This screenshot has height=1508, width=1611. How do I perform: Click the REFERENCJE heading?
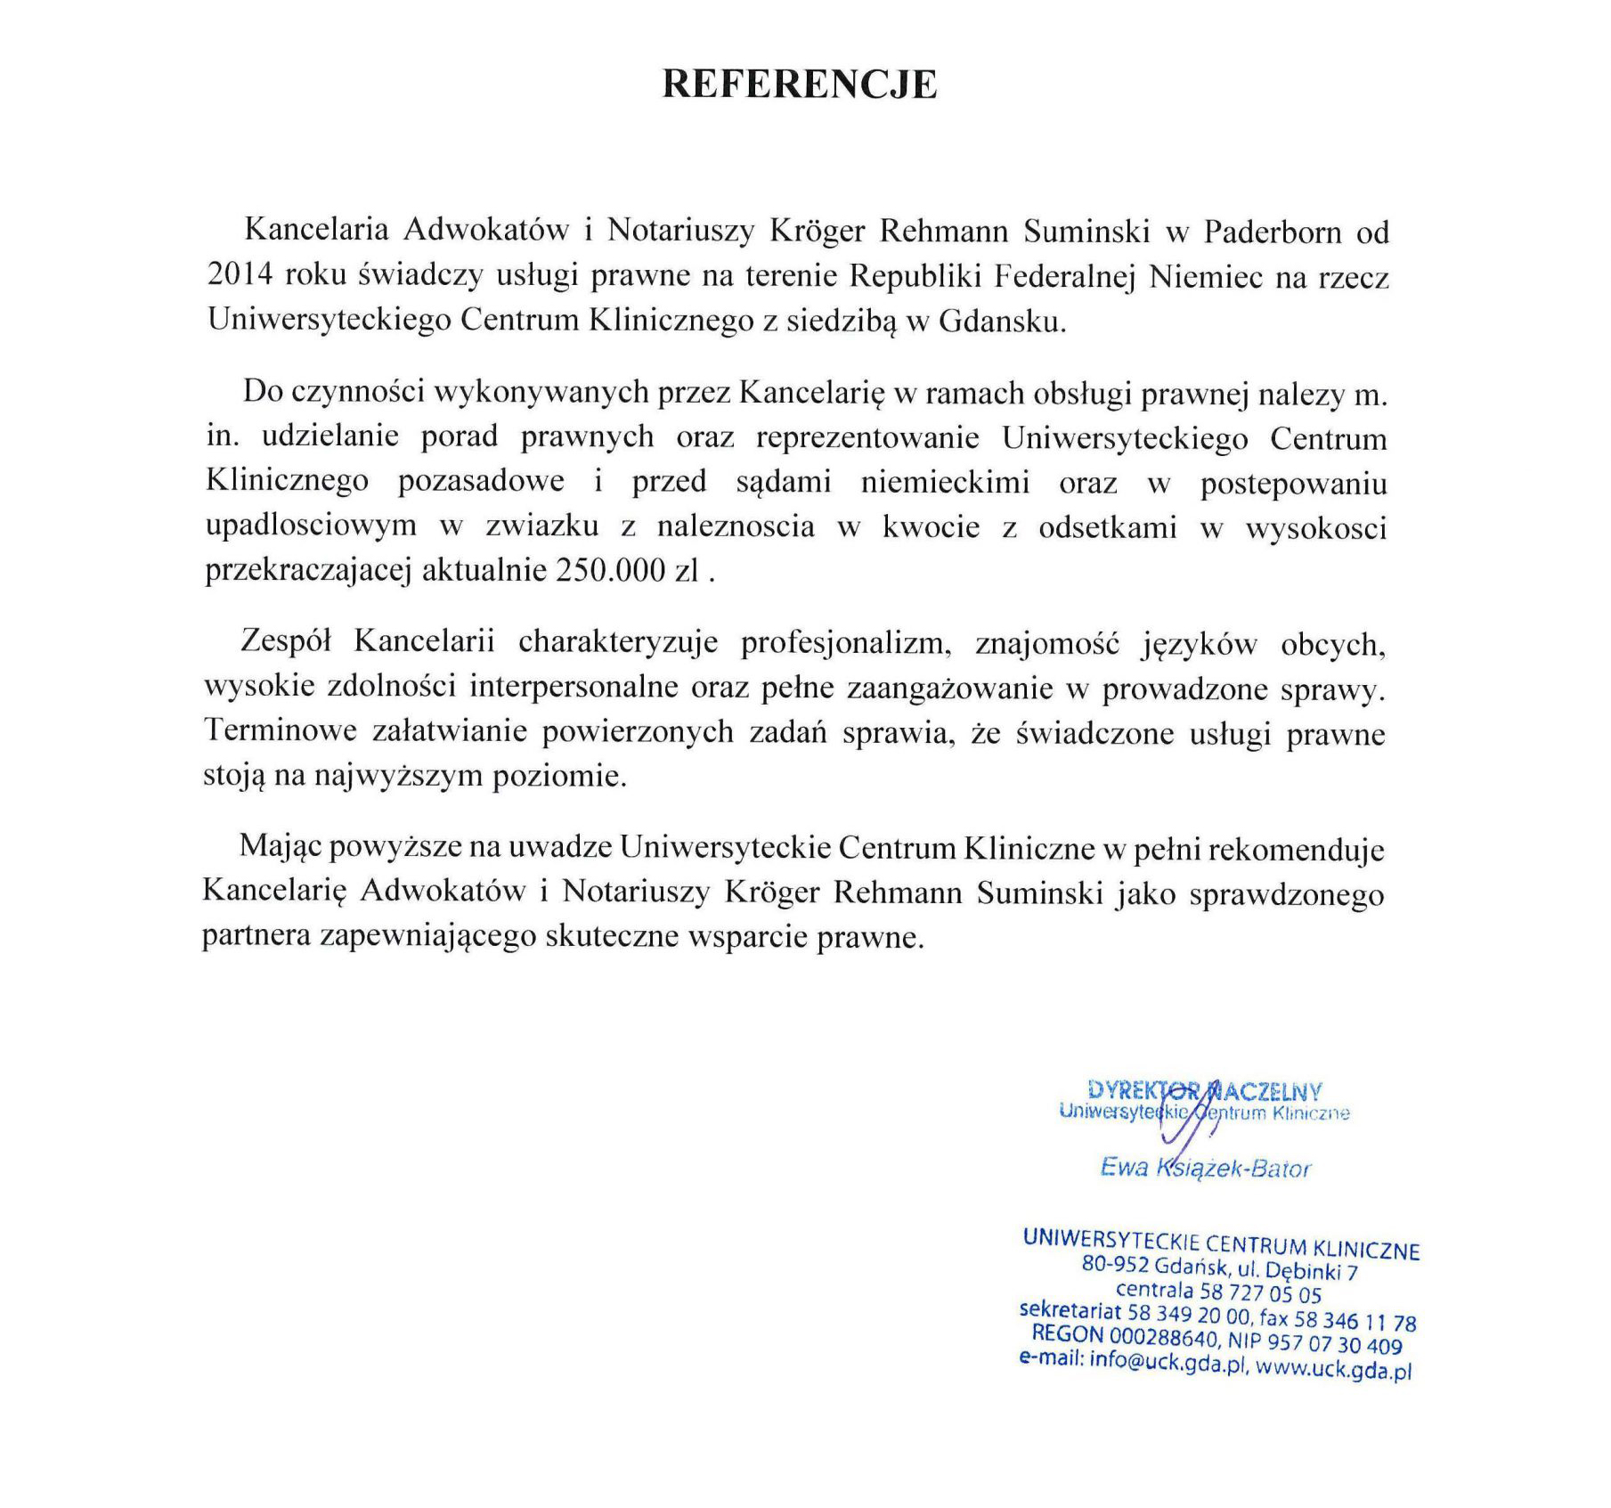pyautogui.click(x=799, y=84)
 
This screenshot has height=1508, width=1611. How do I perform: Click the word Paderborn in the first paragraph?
pyautogui.click(x=1273, y=232)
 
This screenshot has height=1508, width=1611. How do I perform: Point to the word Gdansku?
pyautogui.click(x=1002, y=321)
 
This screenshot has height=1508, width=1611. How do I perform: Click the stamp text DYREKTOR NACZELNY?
pyautogui.click(x=1204, y=1090)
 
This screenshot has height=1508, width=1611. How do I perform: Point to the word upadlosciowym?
pyautogui.click(x=311, y=526)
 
